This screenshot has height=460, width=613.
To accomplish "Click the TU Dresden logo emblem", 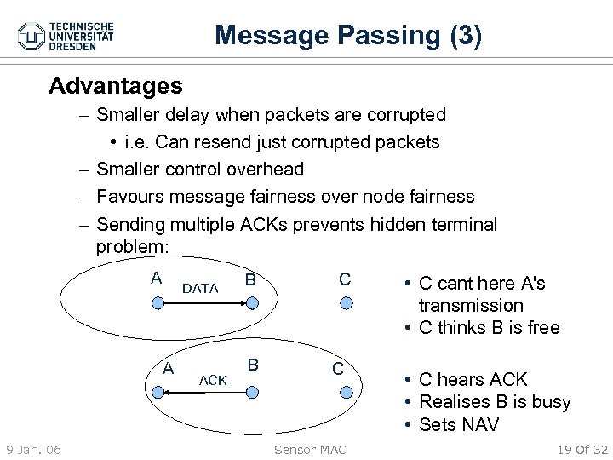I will click(32, 36).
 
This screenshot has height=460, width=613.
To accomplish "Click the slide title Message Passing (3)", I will click(349, 35).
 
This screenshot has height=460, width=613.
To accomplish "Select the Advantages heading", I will click(115, 86).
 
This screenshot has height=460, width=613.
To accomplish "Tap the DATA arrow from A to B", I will click(202, 303).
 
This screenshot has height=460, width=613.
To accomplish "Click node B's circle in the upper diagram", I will click(249, 303).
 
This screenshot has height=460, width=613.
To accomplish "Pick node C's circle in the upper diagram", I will click(344, 303).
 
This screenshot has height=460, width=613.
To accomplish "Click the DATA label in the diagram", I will click(201, 288).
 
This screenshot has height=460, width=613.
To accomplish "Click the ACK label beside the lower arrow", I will click(212, 380).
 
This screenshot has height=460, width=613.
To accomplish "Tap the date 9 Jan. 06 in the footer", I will click(32, 448).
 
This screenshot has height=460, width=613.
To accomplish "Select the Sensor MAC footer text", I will click(307, 448).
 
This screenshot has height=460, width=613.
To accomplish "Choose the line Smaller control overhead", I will click(199, 169).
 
